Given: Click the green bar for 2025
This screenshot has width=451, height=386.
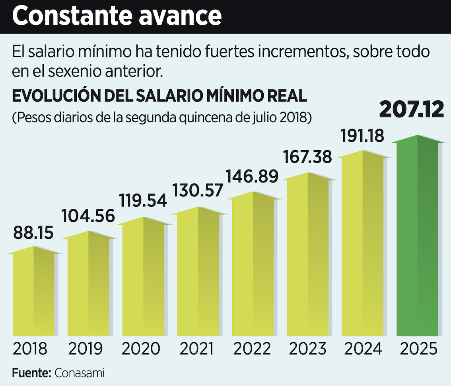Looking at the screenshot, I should pos(418,239).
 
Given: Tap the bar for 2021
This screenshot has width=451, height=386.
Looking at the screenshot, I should pos(198,275).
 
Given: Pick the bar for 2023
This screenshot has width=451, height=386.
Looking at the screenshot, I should pos(308,257).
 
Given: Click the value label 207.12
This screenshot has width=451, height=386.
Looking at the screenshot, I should pos(411,110).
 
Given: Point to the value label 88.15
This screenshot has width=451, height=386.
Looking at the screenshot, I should pos(33,233).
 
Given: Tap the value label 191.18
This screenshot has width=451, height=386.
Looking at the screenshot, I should pos(363,136).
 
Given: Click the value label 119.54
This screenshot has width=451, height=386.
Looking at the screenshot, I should pos(143,200).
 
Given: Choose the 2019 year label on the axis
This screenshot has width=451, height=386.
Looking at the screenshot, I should pos(86,349).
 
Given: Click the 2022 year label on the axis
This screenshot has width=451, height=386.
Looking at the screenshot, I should pos(253,349).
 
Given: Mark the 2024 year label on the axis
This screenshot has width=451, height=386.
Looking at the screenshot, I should pos(363,349).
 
